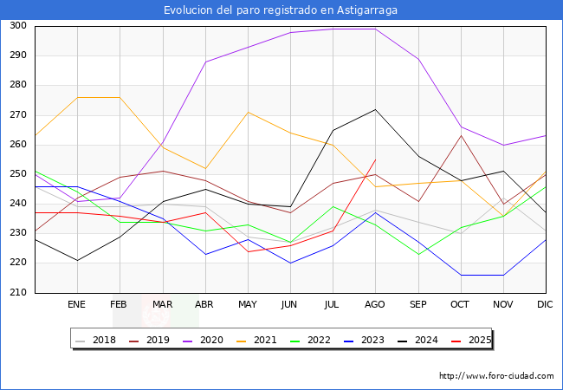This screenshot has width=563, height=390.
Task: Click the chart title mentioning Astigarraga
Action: [x=281, y=10]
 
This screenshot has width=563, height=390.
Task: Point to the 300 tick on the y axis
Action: [x=16, y=26]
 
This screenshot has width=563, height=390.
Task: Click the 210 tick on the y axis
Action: [x=16, y=293]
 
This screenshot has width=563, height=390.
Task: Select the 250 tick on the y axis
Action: [x=16, y=174]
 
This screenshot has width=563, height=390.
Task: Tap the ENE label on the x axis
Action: [x=77, y=305]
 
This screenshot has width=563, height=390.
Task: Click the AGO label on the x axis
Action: [x=375, y=305]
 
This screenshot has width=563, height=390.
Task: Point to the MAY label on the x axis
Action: [x=248, y=305]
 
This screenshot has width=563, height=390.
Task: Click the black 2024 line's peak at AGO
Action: [x=375, y=109]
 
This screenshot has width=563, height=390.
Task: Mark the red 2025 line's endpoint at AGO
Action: [x=375, y=159]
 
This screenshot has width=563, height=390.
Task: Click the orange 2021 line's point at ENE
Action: [x=77, y=97]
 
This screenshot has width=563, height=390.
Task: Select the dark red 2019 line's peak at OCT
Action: [x=461, y=135]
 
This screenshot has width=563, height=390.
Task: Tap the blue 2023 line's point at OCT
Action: [x=461, y=275]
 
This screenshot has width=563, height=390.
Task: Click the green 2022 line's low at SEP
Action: [x=418, y=254]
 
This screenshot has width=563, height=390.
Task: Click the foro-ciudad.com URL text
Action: [x=496, y=376]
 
